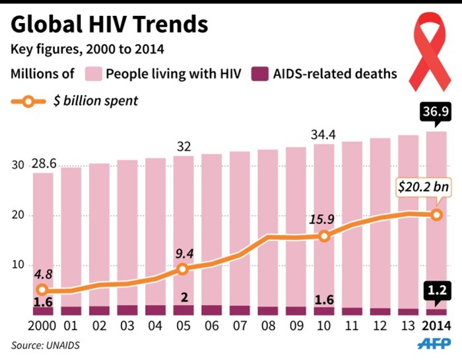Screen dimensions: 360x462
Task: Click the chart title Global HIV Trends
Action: click(109, 24)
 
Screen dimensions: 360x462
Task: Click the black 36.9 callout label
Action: click(435, 115)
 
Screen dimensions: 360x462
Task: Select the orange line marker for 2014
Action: click(436, 214)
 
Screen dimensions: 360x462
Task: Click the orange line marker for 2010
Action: click(323, 236)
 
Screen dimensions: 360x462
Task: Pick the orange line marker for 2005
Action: click(183, 269)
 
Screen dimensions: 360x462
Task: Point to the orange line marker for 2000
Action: click(43, 289)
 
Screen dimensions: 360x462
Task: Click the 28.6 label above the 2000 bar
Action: click(43, 162)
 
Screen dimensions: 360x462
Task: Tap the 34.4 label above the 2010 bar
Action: click(323, 135)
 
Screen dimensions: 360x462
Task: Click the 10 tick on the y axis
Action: click(18, 265)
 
